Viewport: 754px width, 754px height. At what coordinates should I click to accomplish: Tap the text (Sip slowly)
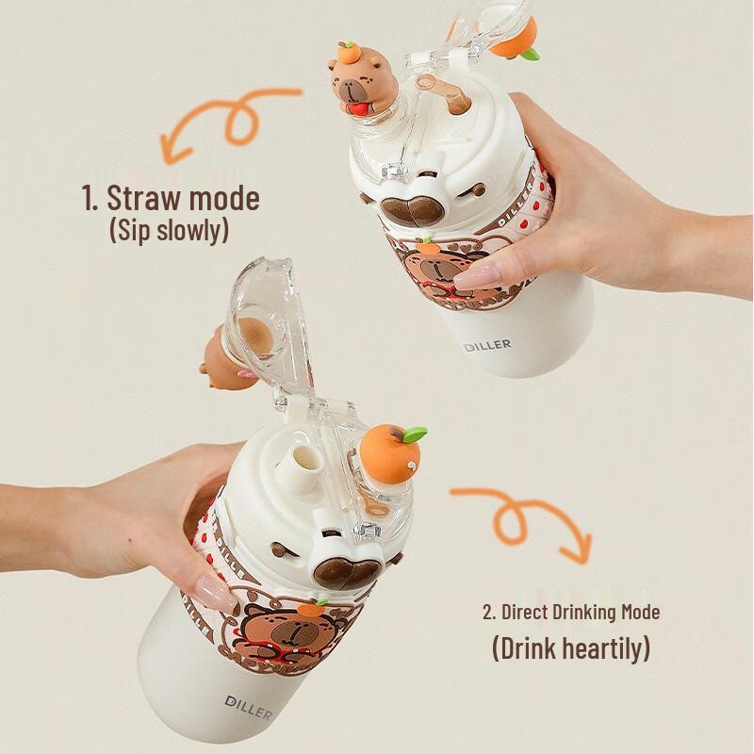click(x=169, y=230)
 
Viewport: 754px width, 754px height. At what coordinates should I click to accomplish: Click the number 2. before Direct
click(x=489, y=612)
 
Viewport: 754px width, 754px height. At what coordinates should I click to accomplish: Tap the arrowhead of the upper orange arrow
click(x=172, y=150)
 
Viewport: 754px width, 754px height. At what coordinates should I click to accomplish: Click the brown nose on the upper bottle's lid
click(x=411, y=208)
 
